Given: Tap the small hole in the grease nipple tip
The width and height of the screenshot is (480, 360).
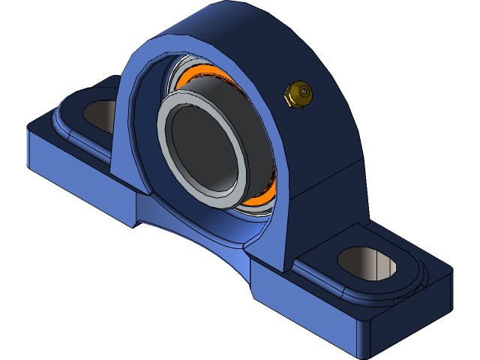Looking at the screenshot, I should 304,91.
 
